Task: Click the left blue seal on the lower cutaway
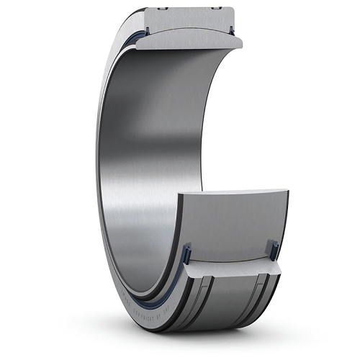186,253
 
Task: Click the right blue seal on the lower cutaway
273,250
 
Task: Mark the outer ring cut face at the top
189,19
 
